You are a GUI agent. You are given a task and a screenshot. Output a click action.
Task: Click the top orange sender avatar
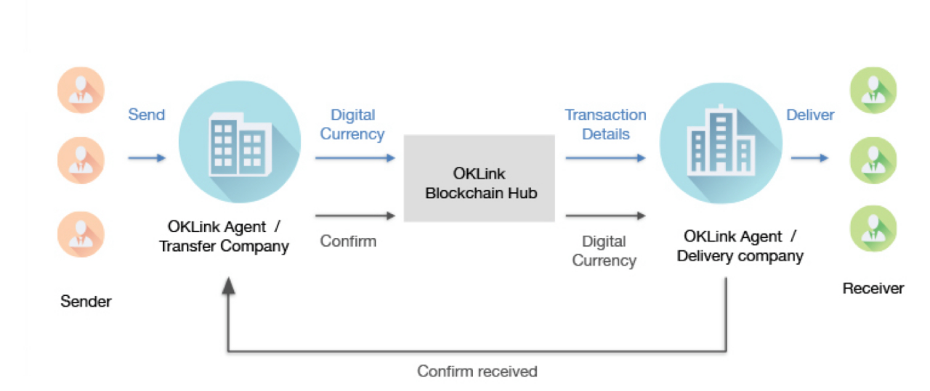[x=81, y=91]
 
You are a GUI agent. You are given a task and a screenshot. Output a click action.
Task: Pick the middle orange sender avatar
[x=81, y=160]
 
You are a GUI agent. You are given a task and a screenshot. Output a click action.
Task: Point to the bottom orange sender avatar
[x=81, y=234]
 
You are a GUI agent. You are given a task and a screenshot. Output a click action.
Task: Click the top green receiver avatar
[x=873, y=91]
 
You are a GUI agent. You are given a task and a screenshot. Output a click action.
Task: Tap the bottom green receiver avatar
[x=873, y=229]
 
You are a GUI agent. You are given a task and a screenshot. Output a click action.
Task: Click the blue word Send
[x=146, y=115]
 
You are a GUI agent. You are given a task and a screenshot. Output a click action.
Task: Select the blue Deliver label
[x=810, y=115]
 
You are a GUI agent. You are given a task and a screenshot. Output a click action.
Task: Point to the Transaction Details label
[x=605, y=124]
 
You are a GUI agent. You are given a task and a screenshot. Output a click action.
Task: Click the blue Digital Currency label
[x=352, y=124]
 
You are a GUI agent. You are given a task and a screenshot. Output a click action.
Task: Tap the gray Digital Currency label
[x=604, y=251]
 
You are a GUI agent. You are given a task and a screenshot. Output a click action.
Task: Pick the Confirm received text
[x=477, y=371]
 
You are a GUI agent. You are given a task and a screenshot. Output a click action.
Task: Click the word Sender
[x=86, y=301]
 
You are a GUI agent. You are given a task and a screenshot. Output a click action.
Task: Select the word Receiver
[x=873, y=288]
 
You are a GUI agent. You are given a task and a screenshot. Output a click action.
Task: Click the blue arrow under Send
[x=147, y=157]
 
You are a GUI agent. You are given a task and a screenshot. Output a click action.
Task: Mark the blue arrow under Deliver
[x=809, y=157]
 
